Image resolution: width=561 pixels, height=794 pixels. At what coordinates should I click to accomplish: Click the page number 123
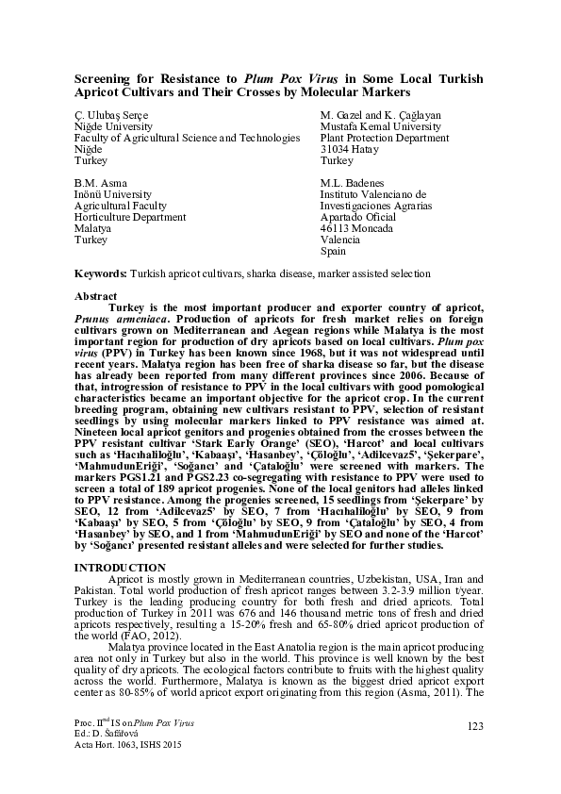tap(473, 723)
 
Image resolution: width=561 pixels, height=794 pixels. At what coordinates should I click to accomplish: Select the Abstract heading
tap(96, 296)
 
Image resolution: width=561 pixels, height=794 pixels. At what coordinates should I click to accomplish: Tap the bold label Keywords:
tap(101, 273)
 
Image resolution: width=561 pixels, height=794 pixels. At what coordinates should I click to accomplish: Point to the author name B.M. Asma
tap(99, 183)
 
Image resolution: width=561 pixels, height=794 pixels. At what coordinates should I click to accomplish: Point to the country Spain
tap(334, 251)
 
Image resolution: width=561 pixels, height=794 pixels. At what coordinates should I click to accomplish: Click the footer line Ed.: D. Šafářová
tap(110, 734)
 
